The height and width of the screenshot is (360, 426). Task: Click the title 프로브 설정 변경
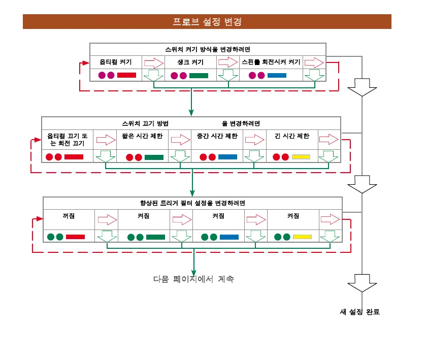click(x=207, y=22)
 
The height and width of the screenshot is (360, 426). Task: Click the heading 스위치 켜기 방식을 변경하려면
click(x=208, y=49)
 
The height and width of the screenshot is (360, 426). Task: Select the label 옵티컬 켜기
click(x=116, y=62)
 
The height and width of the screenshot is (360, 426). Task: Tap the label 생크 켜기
click(x=190, y=62)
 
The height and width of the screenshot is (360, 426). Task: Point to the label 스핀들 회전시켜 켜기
click(x=271, y=62)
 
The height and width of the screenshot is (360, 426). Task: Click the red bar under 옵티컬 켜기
click(x=126, y=75)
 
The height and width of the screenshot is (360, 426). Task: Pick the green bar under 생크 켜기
click(x=199, y=76)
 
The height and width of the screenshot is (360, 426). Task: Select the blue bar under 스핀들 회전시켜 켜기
click(x=277, y=76)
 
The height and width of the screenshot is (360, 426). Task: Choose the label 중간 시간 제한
click(x=217, y=136)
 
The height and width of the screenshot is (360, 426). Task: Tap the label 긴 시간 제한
click(x=292, y=136)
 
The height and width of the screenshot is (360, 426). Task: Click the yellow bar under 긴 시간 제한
click(x=301, y=157)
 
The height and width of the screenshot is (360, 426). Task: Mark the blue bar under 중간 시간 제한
click(x=227, y=157)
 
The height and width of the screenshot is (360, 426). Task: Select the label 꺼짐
click(x=69, y=216)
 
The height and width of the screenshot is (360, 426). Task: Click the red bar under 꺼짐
click(x=75, y=237)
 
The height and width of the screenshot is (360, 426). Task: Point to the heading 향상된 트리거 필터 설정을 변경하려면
click(x=192, y=203)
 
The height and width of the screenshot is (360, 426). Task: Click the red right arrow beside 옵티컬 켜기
click(x=152, y=62)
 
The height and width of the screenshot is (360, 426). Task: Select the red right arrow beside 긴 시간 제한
click(x=329, y=139)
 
